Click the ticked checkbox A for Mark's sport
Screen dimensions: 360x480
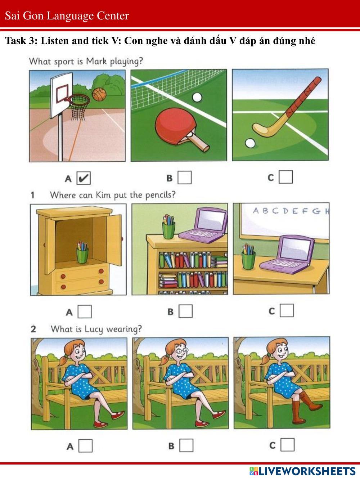[x=84, y=178]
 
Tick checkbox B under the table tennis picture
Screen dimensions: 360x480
[x=185, y=178]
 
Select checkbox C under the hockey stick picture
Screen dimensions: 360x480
[x=286, y=177]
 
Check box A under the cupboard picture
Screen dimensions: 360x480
[x=85, y=311]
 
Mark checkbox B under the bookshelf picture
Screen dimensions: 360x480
[x=185, y=311]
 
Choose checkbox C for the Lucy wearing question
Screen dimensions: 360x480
[x=287, y=445]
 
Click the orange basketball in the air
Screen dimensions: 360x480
[x=99, y=94]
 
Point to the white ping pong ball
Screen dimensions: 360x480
[x=197, y=98]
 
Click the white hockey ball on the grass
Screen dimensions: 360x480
[x=250, y=143]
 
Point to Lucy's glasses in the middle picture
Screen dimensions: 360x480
[x=181, y=351]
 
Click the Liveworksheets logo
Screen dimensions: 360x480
[x=302, y=471]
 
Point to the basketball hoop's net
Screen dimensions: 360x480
[x=79, y=108]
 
